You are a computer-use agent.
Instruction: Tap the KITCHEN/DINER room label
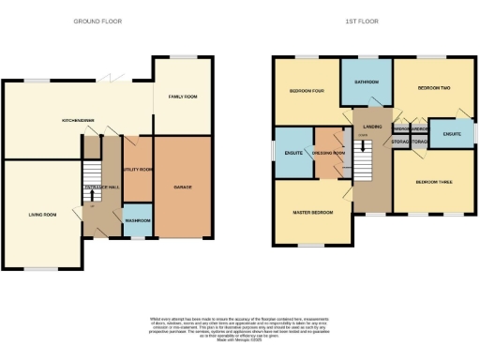pos(77,120)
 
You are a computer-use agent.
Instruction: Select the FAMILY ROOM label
pos(183,97)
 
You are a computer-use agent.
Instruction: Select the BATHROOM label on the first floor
pos(366,82)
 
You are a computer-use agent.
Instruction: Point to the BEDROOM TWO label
pos(433,88)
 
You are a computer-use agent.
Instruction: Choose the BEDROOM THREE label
pos(432,182)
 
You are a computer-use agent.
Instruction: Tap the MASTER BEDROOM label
pos(311,212)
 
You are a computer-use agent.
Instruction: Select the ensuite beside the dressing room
pos(293,152)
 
